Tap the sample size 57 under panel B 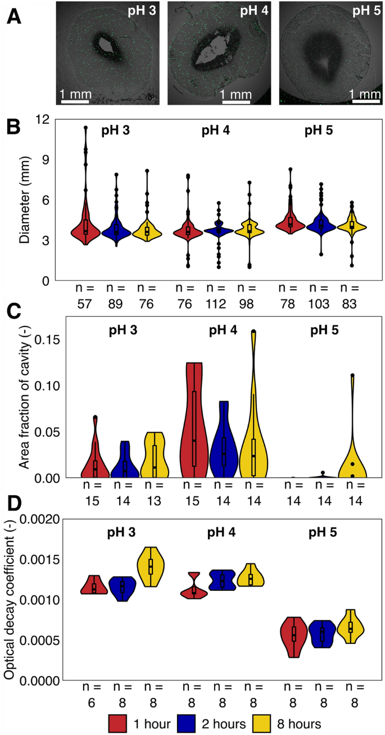[x=85, y=304]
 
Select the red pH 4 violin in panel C [x=194, y=439]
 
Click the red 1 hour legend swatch [x=119, y=723]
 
